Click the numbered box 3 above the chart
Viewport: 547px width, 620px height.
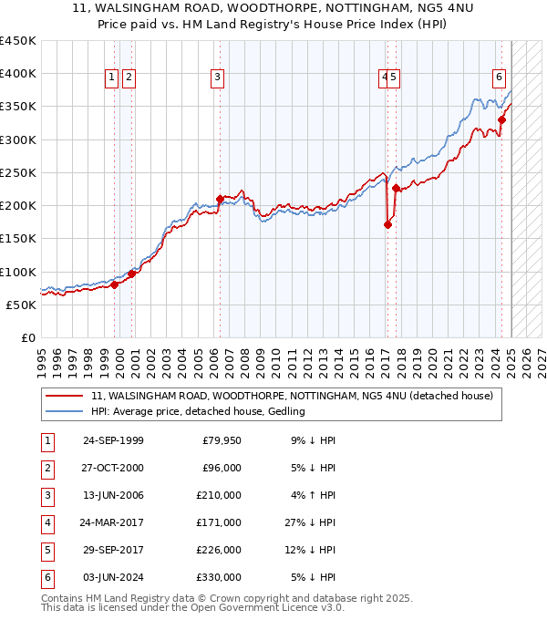click(x=218, y=78)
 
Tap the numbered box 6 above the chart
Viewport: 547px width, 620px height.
click(x=500, y=78)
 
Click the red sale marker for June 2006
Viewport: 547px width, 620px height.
click(x=220, y=198)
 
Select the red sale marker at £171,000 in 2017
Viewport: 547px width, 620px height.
click(x=387, y=224)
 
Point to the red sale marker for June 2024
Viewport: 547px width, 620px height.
click(x=502, y=119)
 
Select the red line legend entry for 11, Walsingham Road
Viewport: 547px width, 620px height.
click(x=292, y=396)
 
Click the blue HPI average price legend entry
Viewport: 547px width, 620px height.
click(x=197, y=411)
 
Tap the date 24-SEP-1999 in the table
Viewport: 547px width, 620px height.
click(x=113, y=440)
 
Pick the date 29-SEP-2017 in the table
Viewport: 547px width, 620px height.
click(x=113, y=550)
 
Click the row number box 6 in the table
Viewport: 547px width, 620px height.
click(x=46, y=577)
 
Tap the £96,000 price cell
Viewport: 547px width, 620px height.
click(x=222, y=468)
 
